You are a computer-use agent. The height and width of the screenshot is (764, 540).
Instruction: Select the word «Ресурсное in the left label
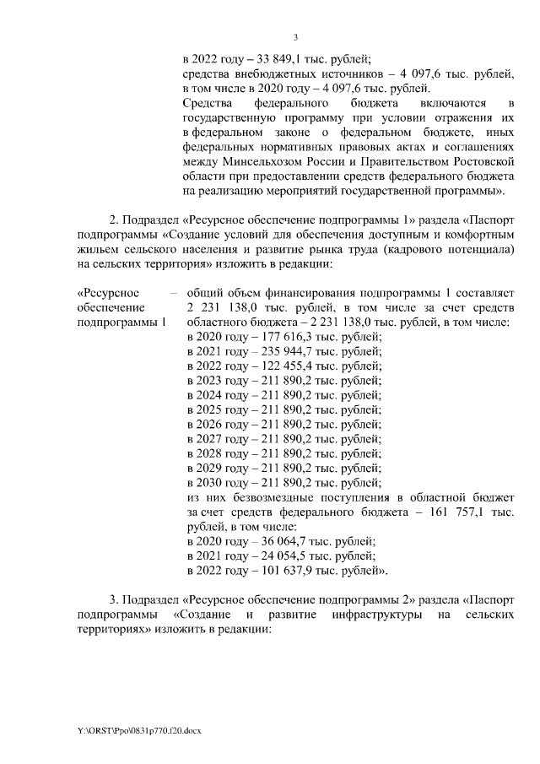[x=102, y=292]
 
